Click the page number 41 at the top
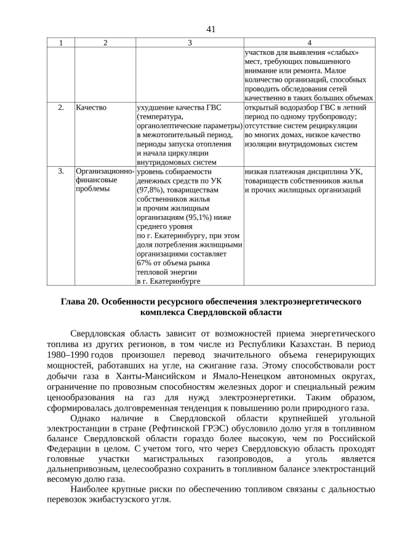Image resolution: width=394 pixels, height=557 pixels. [x=197, y=29]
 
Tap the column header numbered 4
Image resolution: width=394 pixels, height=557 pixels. [x=308, y=42]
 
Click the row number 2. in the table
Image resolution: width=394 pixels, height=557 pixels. [x=61, y=108]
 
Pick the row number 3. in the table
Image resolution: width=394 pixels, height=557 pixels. [x=61, y=172]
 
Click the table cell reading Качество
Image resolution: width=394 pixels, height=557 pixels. [x=91, y=108]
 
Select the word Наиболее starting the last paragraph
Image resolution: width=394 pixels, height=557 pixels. [x=92, y=489]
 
